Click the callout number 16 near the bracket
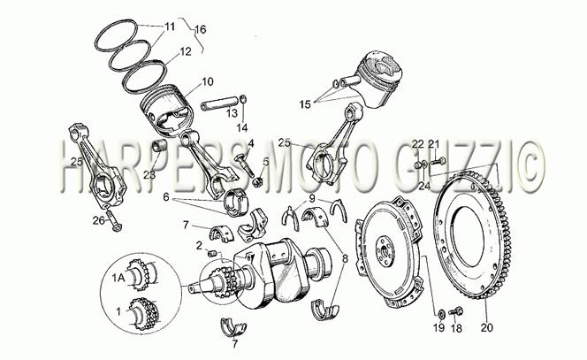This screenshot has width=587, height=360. pos(201,29)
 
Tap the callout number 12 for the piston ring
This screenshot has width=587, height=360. pos(186,51)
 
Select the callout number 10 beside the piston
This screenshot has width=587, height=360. pos(208,81)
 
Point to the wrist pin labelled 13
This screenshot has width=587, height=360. pos(219,103)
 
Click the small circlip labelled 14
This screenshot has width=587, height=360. pos(242,100)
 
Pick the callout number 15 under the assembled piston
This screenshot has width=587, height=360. pos(305,104)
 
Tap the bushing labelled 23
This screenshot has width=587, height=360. pos(159,145)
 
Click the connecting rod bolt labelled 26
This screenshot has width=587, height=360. pos(113,221)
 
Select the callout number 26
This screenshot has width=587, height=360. pos(98,220)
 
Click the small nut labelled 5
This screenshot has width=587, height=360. pos(256,182)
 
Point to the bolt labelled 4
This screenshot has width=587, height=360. pos(245,165)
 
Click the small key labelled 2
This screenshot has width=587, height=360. pos(213,254)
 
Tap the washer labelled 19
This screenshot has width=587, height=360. pos(441,313)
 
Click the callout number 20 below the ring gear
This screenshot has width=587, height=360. pos(487,327)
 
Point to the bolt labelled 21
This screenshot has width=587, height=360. pos(438,162)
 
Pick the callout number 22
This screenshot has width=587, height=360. pos(418,143)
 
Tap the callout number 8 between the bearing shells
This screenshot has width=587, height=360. pos(345,258)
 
